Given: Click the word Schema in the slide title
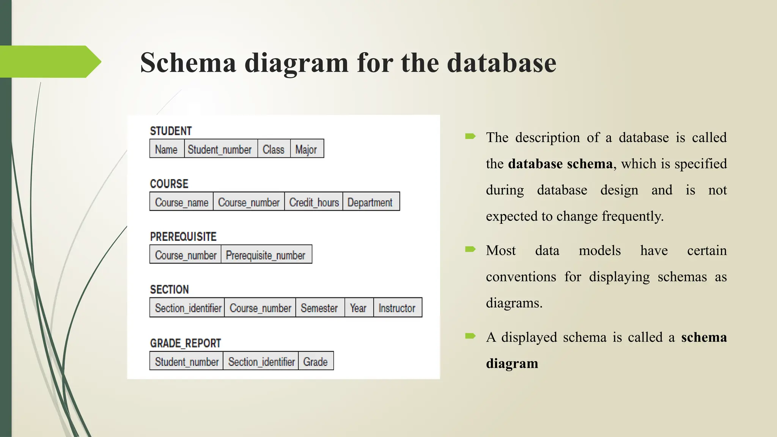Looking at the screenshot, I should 188,63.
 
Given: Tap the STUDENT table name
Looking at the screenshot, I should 171,131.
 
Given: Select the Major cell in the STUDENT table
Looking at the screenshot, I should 307,149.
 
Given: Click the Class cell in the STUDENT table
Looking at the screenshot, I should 274,149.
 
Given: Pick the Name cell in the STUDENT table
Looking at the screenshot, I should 166,149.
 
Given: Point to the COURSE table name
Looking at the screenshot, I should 169,184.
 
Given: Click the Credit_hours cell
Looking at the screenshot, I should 314,202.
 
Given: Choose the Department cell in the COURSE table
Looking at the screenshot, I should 370,202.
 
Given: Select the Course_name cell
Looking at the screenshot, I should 181,202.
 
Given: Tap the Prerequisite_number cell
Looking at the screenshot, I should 266,255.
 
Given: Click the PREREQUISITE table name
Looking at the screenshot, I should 183,237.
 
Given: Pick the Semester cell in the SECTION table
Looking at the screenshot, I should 319,308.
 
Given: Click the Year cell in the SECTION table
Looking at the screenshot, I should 358,308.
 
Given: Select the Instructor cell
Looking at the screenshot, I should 397,308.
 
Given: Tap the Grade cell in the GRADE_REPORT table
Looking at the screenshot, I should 315,362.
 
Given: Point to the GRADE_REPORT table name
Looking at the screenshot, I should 186,343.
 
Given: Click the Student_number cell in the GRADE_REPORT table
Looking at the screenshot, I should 186,362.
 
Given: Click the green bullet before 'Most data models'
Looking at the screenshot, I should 470,250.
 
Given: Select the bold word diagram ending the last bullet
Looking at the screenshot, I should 512,363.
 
